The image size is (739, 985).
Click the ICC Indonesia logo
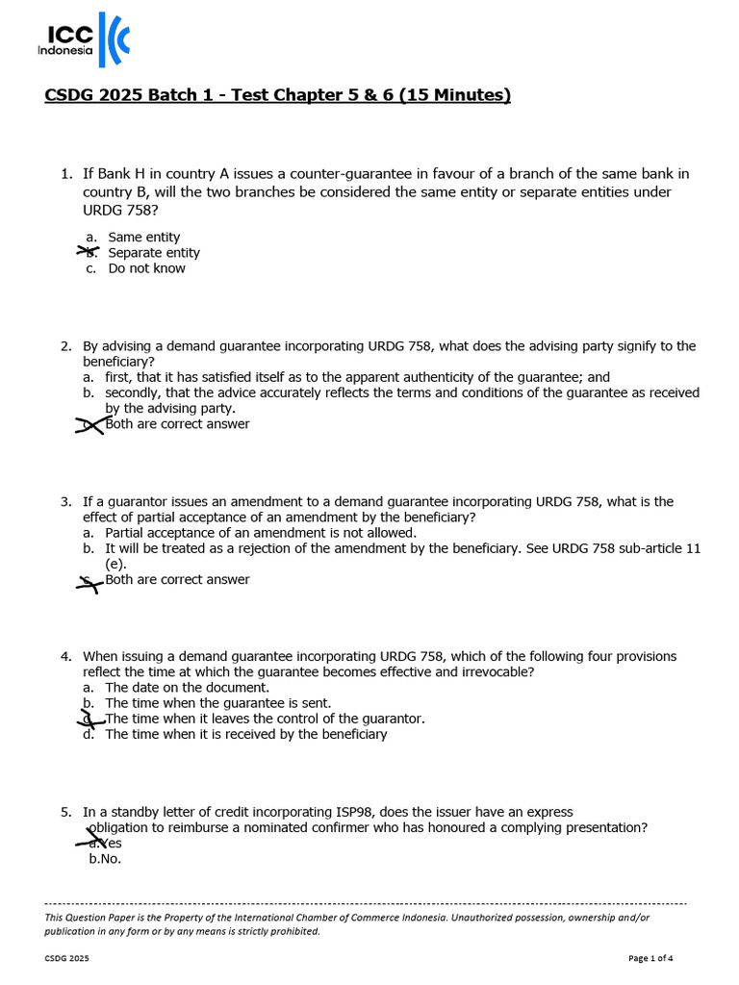(83, 41)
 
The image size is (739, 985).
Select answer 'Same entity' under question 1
(143, 237)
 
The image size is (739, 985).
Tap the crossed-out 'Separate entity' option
(154, 253)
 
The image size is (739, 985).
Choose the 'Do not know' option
(146, 268)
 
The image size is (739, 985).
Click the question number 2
(65, 346)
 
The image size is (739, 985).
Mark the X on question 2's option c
(90, 424)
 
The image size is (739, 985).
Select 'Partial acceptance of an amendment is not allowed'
(261, 533)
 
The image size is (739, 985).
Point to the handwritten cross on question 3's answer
(90, 580)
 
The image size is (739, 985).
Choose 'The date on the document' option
(187, 688)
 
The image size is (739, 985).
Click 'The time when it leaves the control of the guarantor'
(265, 719)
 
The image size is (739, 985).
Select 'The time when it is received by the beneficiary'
(245, 734)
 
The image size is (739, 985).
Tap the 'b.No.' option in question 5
(105, 859)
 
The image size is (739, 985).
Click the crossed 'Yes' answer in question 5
(108, 844)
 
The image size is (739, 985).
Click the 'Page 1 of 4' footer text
(650, 958)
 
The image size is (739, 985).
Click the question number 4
(65, 657)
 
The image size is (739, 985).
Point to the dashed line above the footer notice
(366, 904)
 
